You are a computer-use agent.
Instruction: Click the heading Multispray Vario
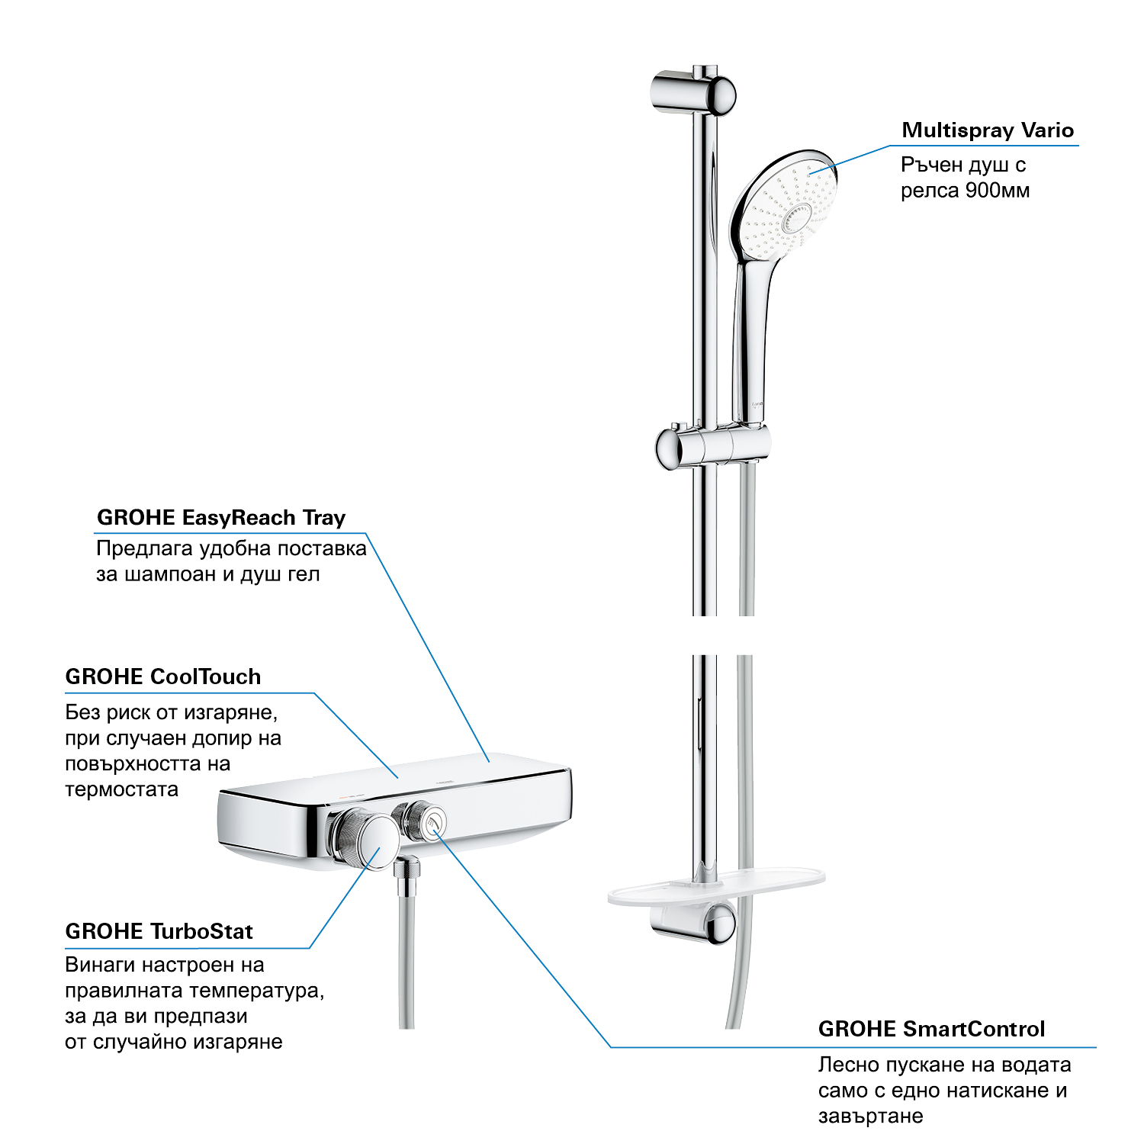(988, 130)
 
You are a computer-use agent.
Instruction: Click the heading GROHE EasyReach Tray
(221, 518)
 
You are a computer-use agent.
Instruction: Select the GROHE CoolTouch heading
(163, 676)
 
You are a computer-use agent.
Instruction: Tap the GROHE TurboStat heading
(159, 931)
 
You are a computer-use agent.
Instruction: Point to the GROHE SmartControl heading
(931, 1029)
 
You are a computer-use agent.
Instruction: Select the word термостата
(121, 789)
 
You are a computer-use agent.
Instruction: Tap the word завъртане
(870, 1117)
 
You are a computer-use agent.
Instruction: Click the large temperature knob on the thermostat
(365, 839)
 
